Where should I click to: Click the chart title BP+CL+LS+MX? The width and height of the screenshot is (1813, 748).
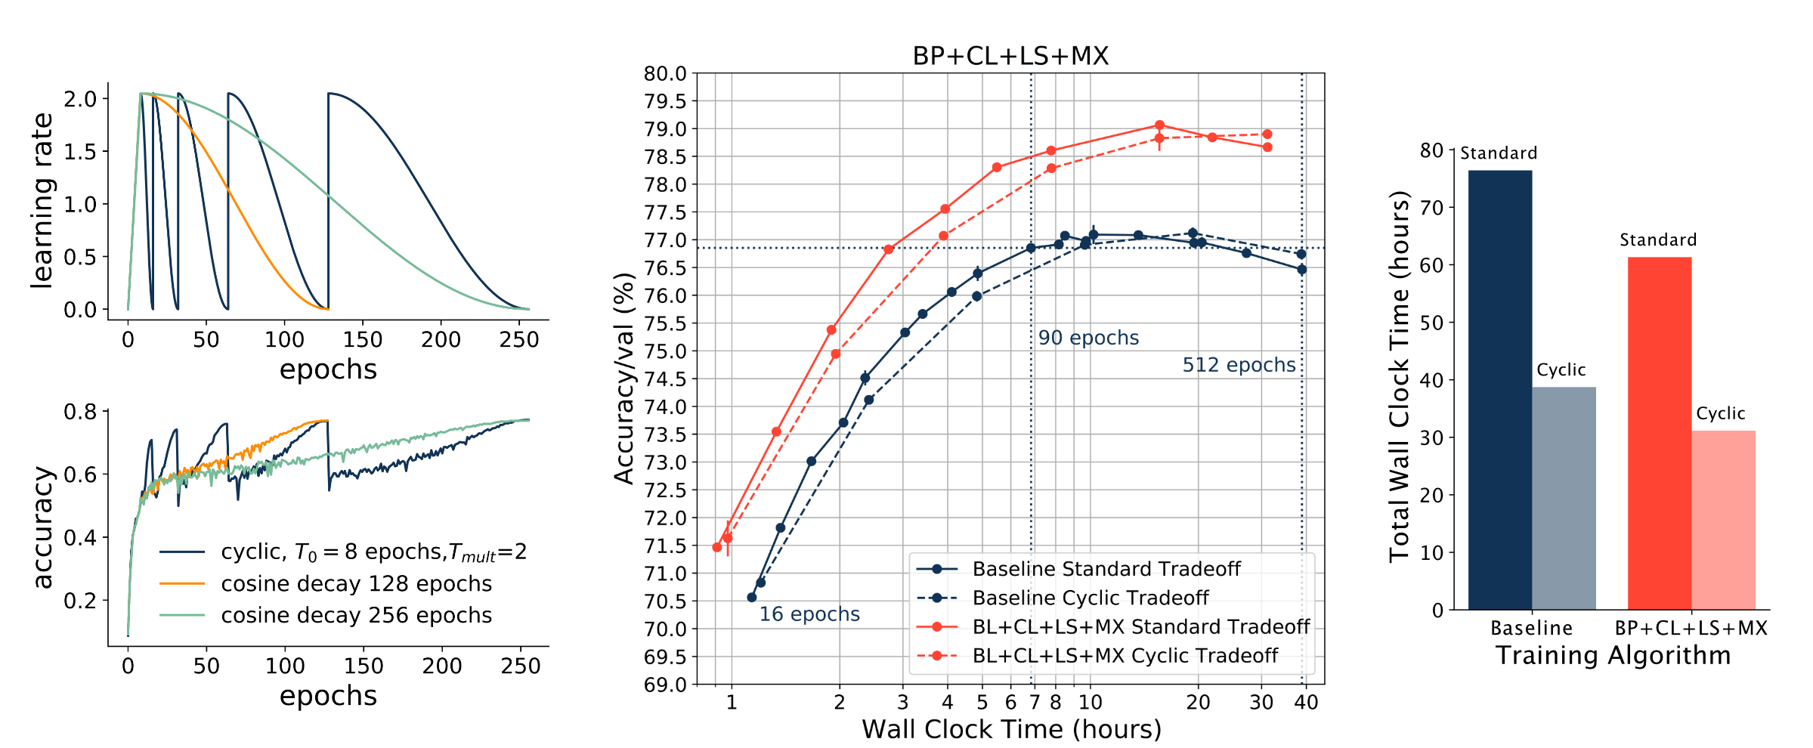1010,56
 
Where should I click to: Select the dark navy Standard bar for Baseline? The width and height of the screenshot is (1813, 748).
1500,389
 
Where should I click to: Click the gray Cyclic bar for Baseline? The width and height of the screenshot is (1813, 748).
1564,498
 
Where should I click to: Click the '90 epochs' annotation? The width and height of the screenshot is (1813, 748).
1088,338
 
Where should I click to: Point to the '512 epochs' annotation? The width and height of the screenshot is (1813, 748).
1239,365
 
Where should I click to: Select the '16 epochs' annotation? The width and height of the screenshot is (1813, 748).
809,614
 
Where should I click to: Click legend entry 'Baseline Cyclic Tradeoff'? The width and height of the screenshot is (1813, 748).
1091,598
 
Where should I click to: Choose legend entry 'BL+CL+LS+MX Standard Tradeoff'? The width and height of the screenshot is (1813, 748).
1141,626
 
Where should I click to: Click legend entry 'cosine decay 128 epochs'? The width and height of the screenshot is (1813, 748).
356,584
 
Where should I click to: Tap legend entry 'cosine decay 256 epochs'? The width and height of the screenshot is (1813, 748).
356,616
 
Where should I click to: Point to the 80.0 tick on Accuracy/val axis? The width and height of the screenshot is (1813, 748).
665,74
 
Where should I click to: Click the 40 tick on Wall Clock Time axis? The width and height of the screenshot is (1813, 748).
1306,703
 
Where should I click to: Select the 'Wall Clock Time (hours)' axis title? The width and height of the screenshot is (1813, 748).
1011,729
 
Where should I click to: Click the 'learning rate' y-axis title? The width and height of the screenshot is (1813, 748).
42,201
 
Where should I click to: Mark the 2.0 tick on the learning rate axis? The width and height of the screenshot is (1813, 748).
80,99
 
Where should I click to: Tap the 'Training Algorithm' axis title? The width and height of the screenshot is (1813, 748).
1613,655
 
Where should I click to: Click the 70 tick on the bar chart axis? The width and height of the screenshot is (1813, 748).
1431,208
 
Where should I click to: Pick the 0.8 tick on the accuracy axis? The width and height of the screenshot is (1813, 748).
80,412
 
